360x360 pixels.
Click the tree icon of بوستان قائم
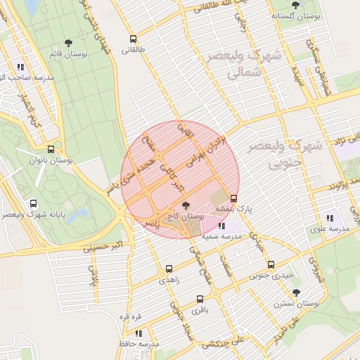coord(67,43)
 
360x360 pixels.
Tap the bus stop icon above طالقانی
coord(134,39)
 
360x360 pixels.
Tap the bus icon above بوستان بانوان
coord(51,149)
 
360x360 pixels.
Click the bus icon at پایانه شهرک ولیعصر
coord(34,204)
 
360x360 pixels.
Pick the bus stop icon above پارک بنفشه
coord(234,198)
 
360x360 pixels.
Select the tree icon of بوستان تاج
coord(186,205)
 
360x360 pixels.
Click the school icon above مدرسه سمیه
coord(222,226)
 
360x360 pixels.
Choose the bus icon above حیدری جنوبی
coord(271,264)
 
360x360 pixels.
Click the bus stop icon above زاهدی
coord(169,269)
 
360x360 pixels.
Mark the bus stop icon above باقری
coord(200,299)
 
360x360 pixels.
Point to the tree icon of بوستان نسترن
coord(296,292)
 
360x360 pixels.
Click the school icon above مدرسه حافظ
coord(139,333)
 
